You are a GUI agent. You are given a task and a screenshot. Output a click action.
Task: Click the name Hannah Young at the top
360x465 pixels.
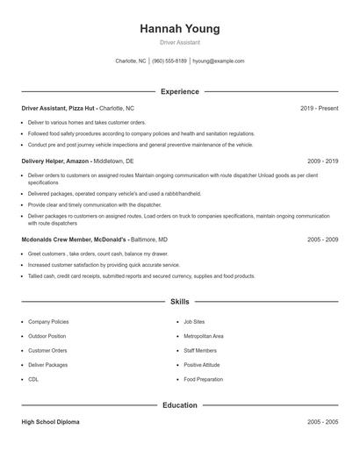179,29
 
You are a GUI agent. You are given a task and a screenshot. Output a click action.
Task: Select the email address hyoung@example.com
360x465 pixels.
218,61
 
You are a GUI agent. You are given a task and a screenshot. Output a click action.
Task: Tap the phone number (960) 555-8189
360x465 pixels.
169,61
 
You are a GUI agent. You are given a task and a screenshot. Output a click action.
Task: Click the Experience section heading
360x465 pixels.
179,91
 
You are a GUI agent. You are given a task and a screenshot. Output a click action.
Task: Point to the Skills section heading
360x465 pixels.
179,302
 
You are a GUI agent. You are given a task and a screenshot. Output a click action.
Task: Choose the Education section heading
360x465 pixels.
179,405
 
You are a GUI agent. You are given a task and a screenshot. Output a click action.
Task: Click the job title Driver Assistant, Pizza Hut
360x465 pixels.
60,108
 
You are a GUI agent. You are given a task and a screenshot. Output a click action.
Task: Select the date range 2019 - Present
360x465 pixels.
319,108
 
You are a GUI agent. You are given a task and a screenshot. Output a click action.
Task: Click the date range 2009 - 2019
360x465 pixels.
322,161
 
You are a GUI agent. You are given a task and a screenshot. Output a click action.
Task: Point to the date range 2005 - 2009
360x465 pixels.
322,239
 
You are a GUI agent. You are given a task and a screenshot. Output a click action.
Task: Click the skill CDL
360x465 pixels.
33,379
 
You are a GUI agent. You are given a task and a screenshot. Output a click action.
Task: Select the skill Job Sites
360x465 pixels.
194,322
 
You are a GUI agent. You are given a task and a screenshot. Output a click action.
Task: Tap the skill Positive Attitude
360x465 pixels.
201,365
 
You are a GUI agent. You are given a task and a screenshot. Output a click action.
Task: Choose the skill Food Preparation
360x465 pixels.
202,379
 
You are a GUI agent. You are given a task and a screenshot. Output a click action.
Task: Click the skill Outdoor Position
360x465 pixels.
47,336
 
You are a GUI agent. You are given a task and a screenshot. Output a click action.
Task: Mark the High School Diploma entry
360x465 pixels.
50,422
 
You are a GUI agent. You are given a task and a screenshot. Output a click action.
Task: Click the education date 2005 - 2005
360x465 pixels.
322,422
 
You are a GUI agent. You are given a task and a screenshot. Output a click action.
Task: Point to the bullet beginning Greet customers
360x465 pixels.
75,254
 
